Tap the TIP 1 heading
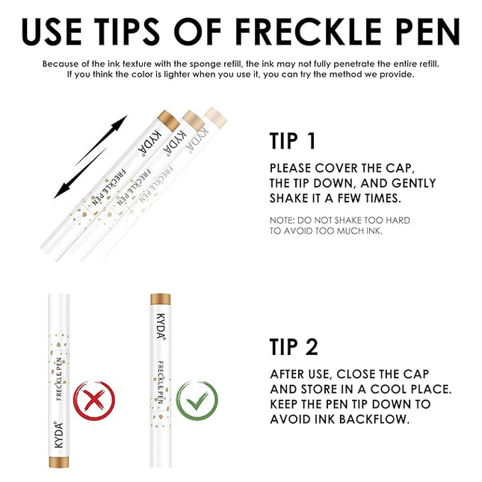[x=294, y=141]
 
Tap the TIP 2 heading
[x=294, y=346]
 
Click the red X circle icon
[x=94, y=401]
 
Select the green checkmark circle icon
[x=197, y=401]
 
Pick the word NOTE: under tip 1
[x=284, y=220]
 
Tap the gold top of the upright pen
[x=160, y=300]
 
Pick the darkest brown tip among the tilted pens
[x=169, y=117]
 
